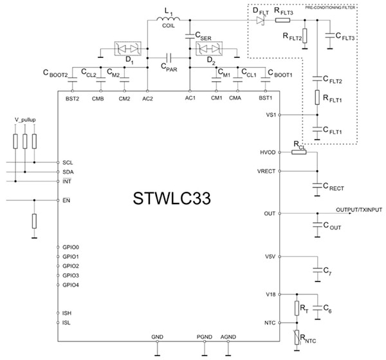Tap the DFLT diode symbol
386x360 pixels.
(261, 21)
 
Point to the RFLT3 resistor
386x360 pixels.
(284, 21)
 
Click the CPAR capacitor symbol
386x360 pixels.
(169, 56)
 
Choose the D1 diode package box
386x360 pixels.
(126, 48)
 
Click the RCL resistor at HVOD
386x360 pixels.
(299, 151)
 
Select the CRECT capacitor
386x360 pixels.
(317, 185)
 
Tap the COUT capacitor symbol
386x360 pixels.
(317, 225)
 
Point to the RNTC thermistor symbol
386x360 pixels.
(297, 336)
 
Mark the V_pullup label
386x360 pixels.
(26, 120)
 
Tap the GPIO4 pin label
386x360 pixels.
(71, 285)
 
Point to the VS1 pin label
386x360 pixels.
(271, 115)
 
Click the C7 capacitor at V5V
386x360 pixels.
(317, 267)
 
